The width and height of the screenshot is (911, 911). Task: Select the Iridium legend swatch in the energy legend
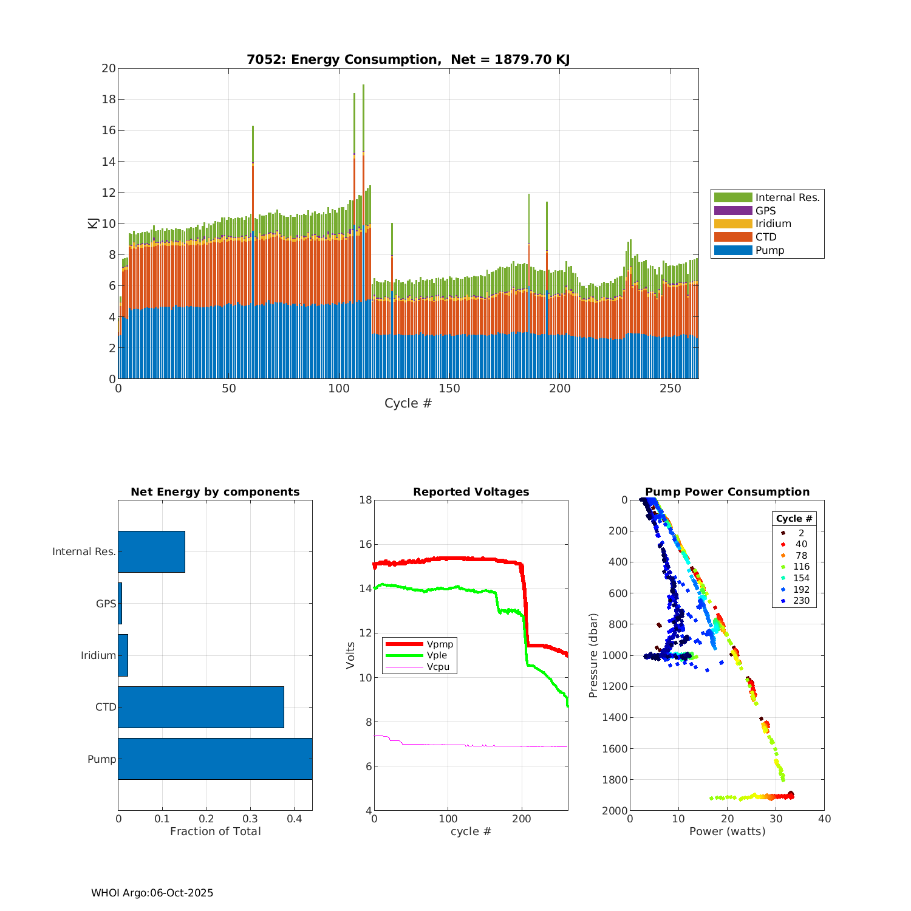point(733,223)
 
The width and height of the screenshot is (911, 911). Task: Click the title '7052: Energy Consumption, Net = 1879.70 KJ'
point(408,60)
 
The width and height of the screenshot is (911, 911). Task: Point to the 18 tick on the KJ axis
point(109,99)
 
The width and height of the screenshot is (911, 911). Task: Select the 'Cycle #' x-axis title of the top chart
point(408,403)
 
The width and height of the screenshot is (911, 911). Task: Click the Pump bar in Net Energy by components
point(215,759)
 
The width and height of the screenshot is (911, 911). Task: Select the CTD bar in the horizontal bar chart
point(201,707)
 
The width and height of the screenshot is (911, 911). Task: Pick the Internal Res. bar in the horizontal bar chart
point(151,551)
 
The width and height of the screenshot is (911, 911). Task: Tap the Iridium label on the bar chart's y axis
point(98,655)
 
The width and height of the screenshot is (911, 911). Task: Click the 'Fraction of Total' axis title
point(215,831)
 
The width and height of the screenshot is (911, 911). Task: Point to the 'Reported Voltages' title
point(471,492)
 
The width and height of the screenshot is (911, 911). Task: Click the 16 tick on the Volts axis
point(365,544)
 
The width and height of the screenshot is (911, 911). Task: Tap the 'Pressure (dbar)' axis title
point(593,655)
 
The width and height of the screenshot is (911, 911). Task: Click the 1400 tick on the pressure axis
point(615,717)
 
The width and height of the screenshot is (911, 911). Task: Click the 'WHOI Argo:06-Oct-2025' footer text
point(152,893)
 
